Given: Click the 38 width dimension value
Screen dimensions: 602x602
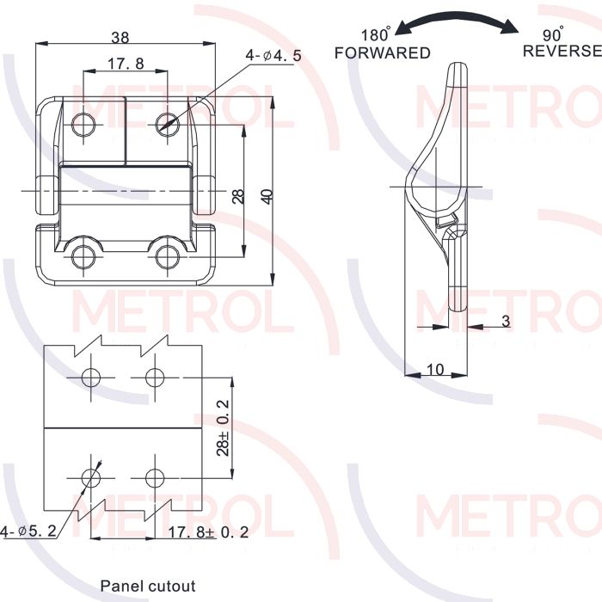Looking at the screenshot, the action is (120, 37).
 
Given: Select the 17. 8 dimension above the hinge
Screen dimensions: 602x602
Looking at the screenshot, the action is (126, 64).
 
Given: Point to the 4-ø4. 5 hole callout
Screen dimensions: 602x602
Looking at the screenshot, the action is (273, 56).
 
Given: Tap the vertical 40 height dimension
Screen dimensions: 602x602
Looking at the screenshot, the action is (267, 196).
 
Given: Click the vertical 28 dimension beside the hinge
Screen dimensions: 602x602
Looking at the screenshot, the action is (238, 196).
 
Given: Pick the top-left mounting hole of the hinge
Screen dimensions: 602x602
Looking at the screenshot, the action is (83, 125).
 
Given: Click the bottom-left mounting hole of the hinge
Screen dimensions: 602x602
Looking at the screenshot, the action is (83, 256).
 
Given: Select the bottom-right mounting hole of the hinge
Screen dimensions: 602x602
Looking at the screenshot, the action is (168, 256).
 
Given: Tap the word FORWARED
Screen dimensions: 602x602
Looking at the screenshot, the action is (382, 53).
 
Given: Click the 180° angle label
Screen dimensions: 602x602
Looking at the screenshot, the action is (376, 34).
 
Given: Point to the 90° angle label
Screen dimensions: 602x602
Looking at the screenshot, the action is (553, 34).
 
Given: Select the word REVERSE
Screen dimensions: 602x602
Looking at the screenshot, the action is (562, 51).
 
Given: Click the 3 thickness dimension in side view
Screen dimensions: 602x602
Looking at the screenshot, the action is (506, 321).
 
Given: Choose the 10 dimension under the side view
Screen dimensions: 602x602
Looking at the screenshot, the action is (435, 369).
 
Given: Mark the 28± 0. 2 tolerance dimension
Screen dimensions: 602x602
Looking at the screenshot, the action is (223, 427).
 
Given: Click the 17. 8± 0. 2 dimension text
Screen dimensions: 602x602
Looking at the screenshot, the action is (208, 532).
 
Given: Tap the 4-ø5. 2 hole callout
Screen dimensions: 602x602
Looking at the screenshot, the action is (28, 531).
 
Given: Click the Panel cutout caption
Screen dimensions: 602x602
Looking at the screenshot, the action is (148, 587).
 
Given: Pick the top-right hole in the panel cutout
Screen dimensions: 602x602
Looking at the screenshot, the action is (155, 378).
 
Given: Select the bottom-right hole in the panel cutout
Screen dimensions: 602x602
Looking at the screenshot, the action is (155, 478).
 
